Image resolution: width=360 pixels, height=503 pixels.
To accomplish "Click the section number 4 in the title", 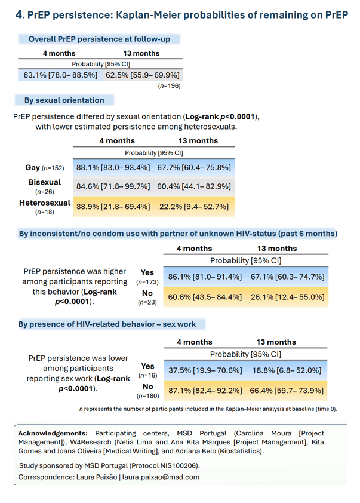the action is tap(19, 15).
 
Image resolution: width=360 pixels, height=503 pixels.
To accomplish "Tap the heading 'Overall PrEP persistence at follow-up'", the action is tap(99, 39).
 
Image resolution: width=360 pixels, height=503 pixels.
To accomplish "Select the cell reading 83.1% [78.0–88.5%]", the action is tap(60, 75).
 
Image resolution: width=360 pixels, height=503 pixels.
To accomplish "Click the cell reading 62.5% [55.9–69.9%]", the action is tap(143, 75).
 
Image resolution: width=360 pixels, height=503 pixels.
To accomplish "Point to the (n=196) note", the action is tap(170, 85).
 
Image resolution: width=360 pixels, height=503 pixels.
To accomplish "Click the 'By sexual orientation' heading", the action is tap(64, 100).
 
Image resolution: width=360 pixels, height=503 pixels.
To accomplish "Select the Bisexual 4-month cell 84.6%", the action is tap(113, 186).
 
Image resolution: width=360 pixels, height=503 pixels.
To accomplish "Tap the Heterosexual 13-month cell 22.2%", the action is tap(194, 207).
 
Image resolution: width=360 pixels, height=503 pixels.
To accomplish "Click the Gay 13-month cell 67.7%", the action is tap(194, 167).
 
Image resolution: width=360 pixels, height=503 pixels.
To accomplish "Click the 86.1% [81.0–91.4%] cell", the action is tap(205, 277).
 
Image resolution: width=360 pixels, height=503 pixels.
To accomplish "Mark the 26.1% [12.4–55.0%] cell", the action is tap(288, 297).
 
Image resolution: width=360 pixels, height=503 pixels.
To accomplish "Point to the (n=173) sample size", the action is tap(147, 282).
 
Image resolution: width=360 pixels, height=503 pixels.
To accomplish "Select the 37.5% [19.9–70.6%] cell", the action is tap(205, 370).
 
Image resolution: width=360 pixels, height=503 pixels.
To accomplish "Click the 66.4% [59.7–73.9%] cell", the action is tap(287, 391).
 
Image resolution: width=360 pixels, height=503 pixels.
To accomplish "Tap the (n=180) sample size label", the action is tap(148, 396).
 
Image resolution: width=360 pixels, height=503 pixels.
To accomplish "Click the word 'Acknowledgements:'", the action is tap(53, 433).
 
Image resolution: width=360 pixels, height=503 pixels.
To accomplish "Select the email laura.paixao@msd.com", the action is tap(161, 477).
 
